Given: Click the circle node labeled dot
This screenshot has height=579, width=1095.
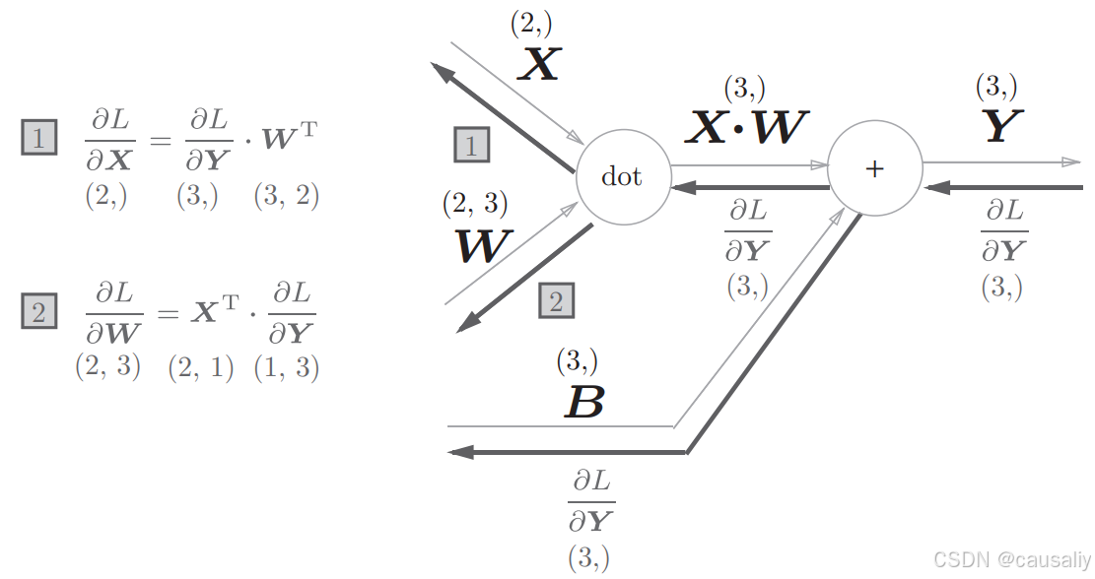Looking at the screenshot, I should point(622,176).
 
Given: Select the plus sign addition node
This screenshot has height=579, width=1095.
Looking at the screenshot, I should point(874,169).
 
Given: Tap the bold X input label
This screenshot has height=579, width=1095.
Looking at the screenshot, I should point(539,65).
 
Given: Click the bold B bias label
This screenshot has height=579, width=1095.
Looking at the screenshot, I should point(583,403).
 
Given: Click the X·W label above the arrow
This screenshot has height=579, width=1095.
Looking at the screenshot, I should point(747,126).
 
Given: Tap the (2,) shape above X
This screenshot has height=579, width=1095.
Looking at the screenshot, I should point(531,24).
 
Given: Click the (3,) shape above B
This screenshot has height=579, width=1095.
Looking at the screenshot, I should point(577,361).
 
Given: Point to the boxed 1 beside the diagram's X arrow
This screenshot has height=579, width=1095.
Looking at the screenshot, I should point(471,146).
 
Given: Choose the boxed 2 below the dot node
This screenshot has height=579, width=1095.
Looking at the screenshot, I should point(556,301).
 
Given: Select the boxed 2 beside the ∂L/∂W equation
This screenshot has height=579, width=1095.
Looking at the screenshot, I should point(38,313).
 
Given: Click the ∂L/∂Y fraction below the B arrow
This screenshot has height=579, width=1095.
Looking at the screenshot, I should point(590,502).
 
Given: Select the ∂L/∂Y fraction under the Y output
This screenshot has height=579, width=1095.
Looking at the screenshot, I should point(1003,232).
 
